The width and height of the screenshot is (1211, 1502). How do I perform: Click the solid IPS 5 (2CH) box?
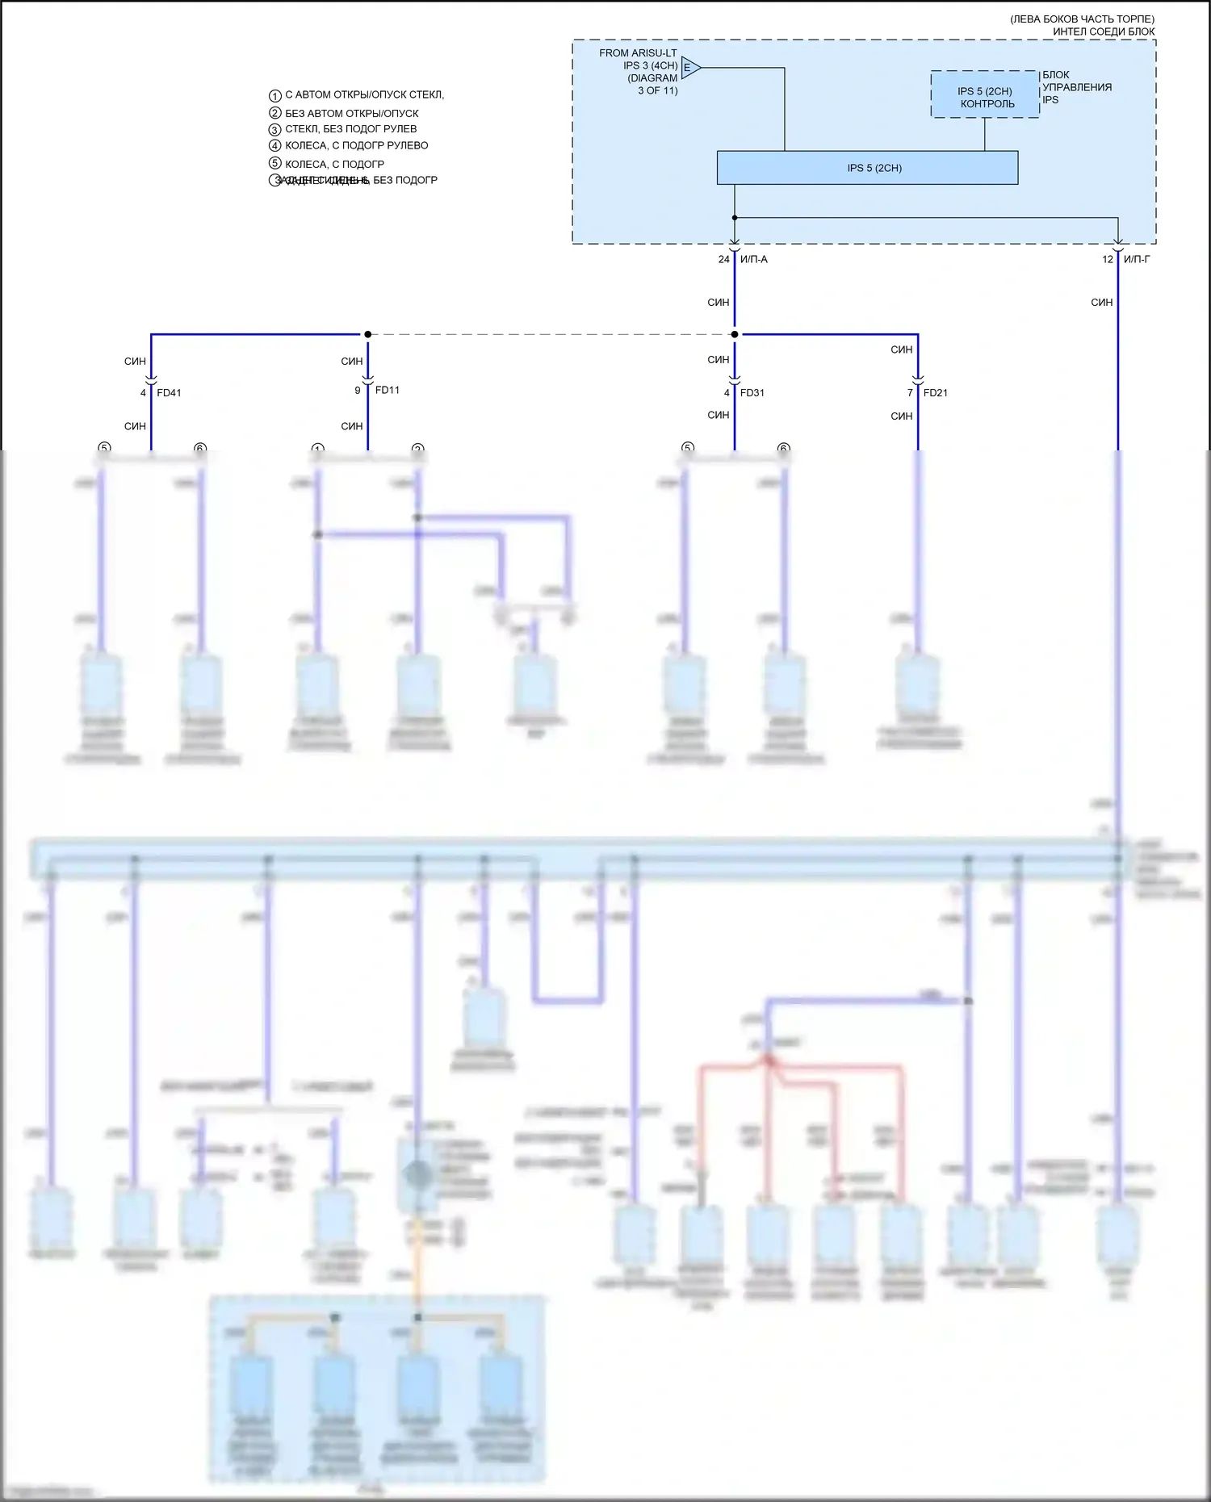click(867, 168)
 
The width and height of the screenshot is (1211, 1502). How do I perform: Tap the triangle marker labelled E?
click(689, 68)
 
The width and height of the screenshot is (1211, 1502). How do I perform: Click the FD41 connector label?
click(169, 393)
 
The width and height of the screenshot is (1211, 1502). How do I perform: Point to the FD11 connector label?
click(388, 390)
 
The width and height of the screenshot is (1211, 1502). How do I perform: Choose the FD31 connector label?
click(752, 393)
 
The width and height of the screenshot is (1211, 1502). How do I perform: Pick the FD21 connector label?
click(936, 393)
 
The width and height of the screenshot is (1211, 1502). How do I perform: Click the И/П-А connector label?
click(754, 259)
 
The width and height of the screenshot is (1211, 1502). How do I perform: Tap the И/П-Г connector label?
click(1137, 259)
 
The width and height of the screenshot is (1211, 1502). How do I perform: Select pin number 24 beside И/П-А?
click(724, 259)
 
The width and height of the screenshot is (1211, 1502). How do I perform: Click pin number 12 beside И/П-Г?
click(1108, 259)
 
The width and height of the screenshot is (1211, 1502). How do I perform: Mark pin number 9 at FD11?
click(358, 391)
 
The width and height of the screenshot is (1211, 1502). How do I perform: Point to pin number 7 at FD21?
click(910, 393)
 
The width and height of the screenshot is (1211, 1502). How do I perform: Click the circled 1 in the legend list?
click(275, 95)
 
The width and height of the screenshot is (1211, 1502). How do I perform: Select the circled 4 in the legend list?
click(275, 146)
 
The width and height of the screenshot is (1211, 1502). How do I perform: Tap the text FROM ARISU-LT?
click(638, 53)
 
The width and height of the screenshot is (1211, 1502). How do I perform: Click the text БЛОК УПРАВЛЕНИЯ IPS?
click(1076, 87)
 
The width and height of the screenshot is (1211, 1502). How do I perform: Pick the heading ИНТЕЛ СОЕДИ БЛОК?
click(1104, 31)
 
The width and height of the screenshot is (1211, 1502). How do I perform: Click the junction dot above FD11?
click(368, 334)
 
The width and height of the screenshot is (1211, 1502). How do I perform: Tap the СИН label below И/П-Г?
click(1102, 303)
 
